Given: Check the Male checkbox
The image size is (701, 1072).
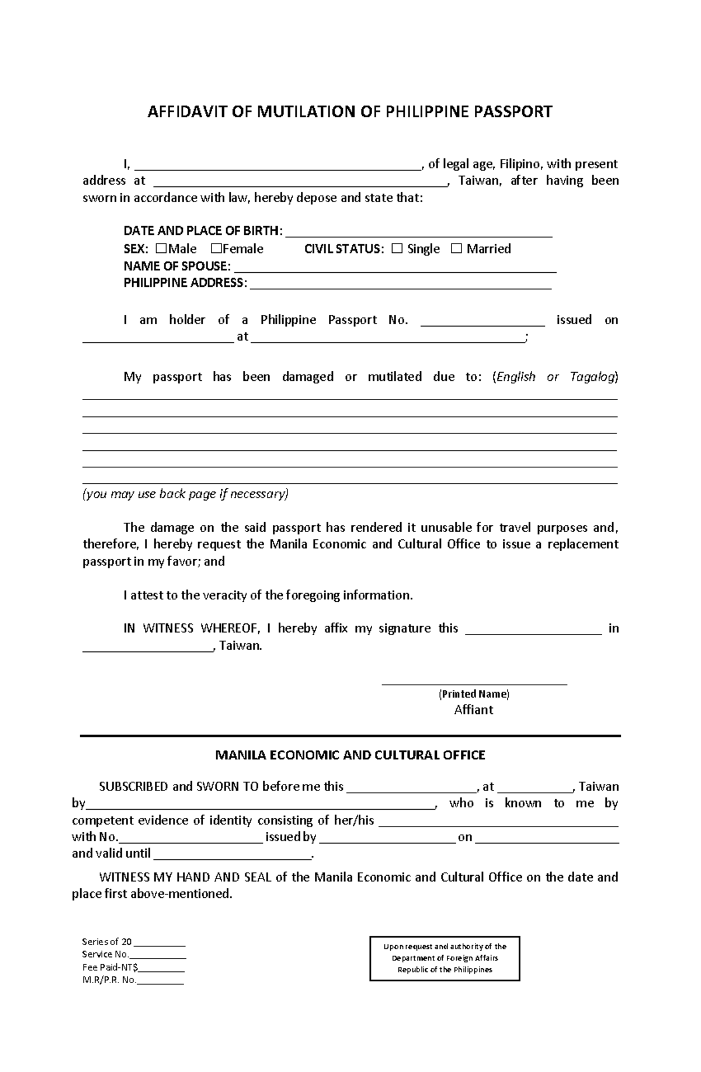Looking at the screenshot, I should pyautogui.click(x=162, y=248).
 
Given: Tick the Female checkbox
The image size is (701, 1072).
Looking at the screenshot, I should pyautogui.click(x=216, y=248).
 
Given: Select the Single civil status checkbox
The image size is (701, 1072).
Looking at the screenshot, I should pyautogui.click(x=397, y=249).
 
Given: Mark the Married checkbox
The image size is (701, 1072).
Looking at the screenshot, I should pyautogui.click(x=456, y=249).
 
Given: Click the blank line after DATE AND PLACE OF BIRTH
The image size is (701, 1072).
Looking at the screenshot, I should pyautogui.click(x=418, y=233).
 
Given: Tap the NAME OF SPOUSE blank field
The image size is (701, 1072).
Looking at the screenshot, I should pyautogui.click(x=394, y=268).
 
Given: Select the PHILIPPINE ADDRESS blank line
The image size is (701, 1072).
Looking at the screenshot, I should pyautogui.click(x=400, y=285).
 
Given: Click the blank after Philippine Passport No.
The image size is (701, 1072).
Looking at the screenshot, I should pyautogui.click(x=483, y=321).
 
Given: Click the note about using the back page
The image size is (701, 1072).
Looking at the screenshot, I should pyautogui.click(x=186, y=494).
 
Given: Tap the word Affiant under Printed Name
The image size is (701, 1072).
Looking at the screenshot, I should pyautogui.click(x=474, y=710).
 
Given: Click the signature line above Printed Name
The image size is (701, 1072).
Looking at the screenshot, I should pyautogui.click(x=474, y=682).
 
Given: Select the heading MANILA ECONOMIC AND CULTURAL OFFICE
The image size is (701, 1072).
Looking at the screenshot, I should pyautogui.click(x=350, y=755).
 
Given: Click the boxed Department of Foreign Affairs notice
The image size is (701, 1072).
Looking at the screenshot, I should pyautogui.click(x=445, y=958).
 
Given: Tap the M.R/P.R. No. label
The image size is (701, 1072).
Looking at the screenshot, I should pyautogui.click(x=109, y=980).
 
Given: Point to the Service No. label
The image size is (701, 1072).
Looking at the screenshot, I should pyautogui.click(x=105, y=955).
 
